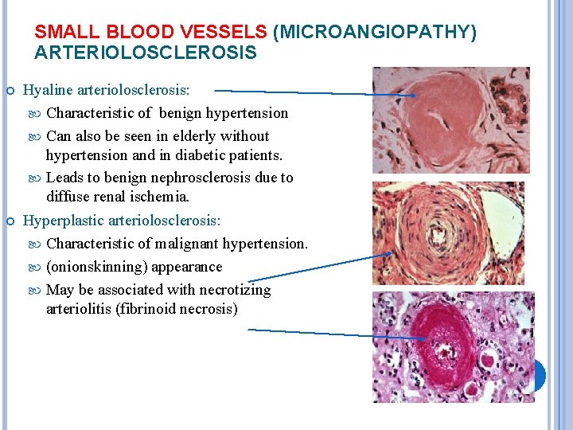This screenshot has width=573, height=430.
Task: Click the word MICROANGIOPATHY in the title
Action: (x=375, y=32)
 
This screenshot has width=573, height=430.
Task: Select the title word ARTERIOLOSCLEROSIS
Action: (x=146, y=53)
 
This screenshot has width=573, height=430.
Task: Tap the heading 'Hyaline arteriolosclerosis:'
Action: (x=118, y=91)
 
